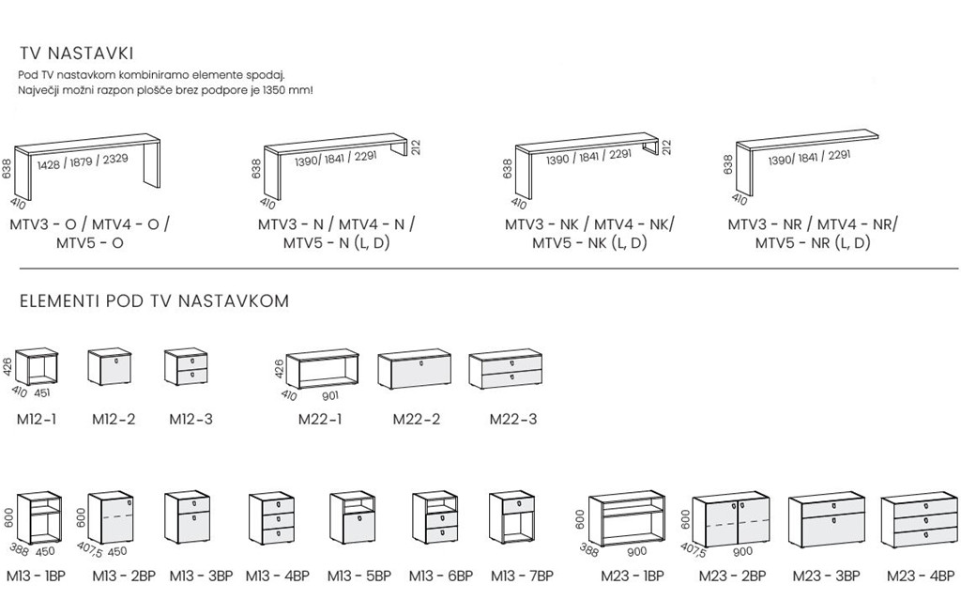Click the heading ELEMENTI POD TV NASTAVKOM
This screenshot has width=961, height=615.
point(154,301)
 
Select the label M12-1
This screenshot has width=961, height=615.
point(35,419)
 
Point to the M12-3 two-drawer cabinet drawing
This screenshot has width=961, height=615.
point(185,367)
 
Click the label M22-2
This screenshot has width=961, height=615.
point(416,419)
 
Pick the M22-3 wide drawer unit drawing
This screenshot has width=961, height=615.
point(506,369)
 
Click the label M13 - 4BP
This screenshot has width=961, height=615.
point(272,576)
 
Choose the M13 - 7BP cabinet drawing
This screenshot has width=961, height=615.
point(511,518)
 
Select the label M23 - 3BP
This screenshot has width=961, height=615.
point(826,576)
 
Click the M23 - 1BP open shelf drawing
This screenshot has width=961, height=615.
point(626,519)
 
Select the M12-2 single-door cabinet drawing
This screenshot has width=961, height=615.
point(109,367)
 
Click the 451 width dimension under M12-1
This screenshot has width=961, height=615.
point(42,393)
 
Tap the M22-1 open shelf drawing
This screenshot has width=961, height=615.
point(323,369)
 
